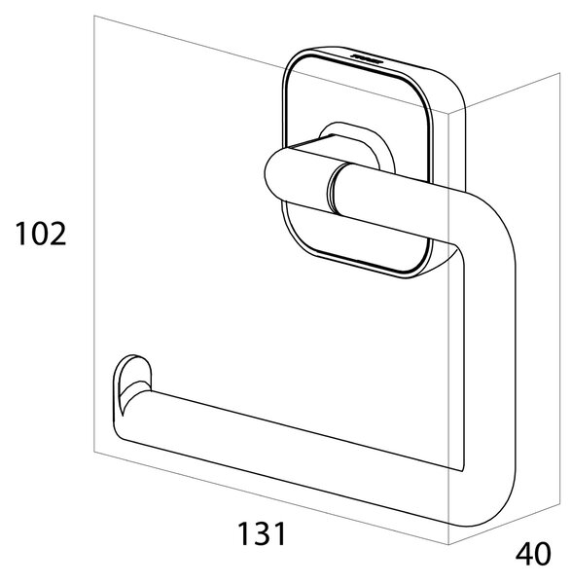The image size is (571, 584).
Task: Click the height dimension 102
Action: point(41,234)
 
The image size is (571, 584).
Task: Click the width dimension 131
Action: point(262,533)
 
